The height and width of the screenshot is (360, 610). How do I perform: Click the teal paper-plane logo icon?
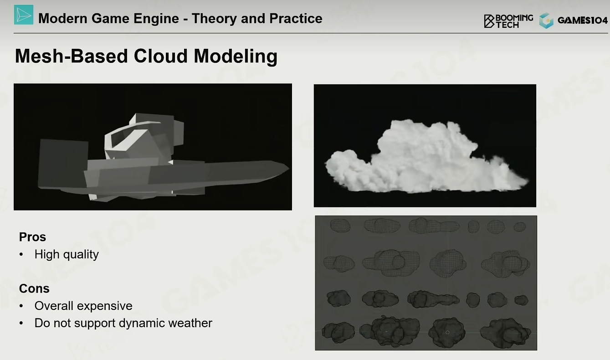[24, 15]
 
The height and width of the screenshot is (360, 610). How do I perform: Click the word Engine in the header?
[156, 19]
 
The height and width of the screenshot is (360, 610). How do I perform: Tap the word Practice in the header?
[296, 19]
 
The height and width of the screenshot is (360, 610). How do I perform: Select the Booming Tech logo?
[508, 21]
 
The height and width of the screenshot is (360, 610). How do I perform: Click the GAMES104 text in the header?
[583, 21]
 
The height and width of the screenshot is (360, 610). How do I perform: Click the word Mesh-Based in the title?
[72, 56]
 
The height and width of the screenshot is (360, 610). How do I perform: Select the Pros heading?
[32, 237]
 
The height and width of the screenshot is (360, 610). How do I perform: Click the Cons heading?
[34, 288]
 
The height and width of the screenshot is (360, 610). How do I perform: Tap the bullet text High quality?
[67, 255]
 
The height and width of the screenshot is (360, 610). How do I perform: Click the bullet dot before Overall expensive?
[21, 306]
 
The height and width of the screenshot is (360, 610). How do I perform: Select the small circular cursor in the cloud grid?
[447, 332]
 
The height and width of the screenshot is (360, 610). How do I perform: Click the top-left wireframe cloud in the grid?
[340, 226]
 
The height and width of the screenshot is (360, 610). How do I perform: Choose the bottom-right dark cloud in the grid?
[505, 333]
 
